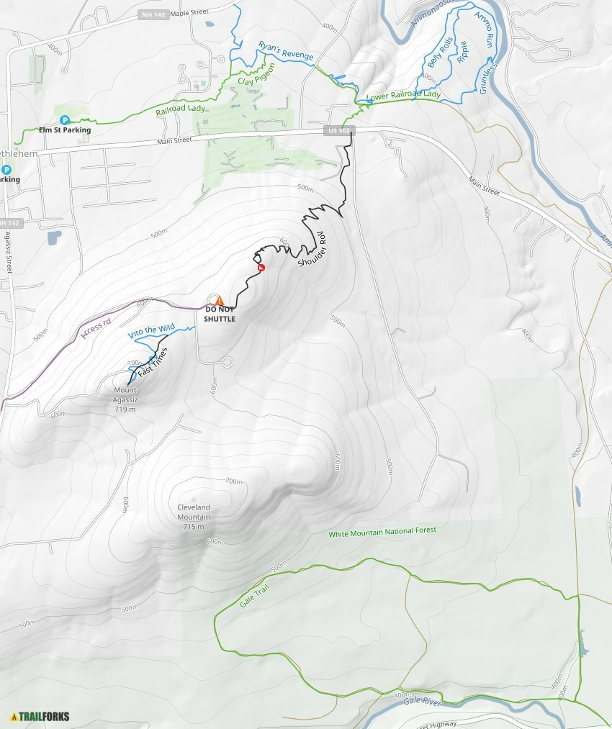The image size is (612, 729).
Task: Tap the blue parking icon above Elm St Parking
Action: coord(64,119)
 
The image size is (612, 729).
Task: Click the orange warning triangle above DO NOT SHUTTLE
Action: coord(220,300)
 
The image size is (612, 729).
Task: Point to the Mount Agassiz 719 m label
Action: coord(125,400)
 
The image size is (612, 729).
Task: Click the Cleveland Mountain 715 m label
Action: coord(194,517)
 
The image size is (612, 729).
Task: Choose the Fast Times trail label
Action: coord(152,365)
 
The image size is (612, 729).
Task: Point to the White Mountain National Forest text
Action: coord(382,533)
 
